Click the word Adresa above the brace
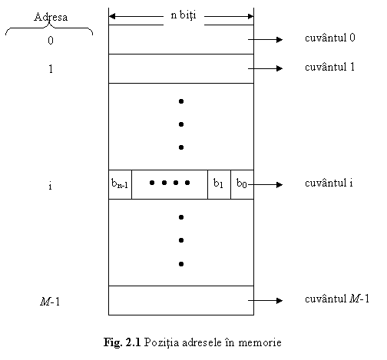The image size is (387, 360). point(51,17)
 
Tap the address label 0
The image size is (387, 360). point(51,41)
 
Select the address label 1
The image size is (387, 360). point(51,69)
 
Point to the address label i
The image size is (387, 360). point(50,186)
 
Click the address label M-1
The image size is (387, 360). point(50,301)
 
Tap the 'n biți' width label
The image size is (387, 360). point(184,15)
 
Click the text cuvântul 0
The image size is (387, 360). point(330,38)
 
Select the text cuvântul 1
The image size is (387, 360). point(329,67)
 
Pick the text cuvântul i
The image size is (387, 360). point(329,183)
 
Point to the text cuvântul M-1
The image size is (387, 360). point(337,299)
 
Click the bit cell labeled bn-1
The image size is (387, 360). point(120,184)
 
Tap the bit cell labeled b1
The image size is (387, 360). point(219,184)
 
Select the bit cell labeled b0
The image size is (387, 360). point(242,184)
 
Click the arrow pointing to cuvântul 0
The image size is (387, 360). point(266,39)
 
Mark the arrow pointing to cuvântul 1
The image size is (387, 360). point(266,68)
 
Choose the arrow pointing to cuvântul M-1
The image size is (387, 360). point(266,300)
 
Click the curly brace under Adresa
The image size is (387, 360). point(49,27)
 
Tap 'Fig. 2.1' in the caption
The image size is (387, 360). point(122,342)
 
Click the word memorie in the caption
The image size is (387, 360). point(260,342)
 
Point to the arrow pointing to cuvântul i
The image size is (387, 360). point(266,184)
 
